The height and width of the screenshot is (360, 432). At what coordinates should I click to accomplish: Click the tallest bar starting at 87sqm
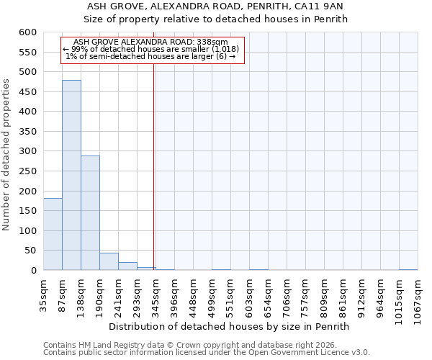71,175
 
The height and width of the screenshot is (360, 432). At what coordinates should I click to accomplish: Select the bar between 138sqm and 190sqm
90,213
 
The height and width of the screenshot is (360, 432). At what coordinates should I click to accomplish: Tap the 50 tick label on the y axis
30,251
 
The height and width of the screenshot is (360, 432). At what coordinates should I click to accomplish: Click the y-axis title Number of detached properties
7,155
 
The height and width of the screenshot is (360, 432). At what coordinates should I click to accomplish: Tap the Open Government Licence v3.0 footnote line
207,352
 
